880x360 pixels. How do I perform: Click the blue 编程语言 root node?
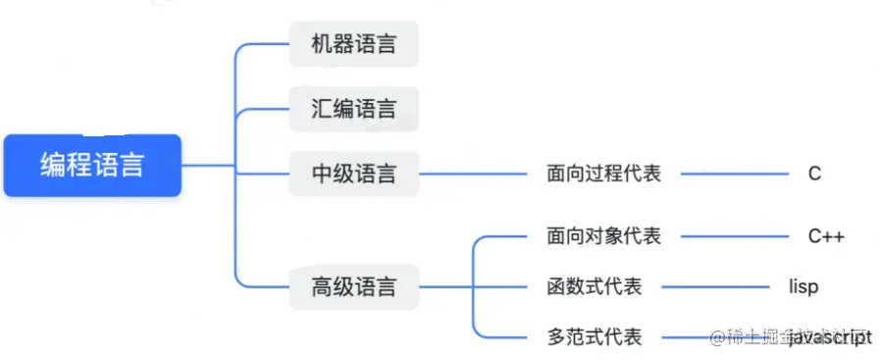pyautogui.click(x=92, y=165)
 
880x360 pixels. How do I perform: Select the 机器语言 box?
pyautogui.click(x=354, y=44)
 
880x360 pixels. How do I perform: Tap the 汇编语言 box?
pyautogui.click(x=354, y=109)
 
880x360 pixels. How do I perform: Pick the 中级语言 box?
pyautogui.click(x=354, y=174)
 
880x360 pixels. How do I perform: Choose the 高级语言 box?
pyautogui.click(x=354, y=287)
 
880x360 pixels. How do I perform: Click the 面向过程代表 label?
pyautogui.click(x=603, y=174)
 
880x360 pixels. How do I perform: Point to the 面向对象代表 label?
pyautogui.click(x=603, y=236)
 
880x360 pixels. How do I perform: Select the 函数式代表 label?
pyautogui.click(x=594, y=287)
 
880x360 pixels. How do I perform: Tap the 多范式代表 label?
pyautogui.click(x=594, y=337)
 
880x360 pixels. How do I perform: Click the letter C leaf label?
pyautogui.click(x=814, y=174)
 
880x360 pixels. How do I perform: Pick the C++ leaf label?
pyautogui.click(x=826, y=236)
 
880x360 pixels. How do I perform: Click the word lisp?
pyautogui.click(x=803, y=287)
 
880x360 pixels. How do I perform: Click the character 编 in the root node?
pyautogui.click(x=53, y=165)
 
